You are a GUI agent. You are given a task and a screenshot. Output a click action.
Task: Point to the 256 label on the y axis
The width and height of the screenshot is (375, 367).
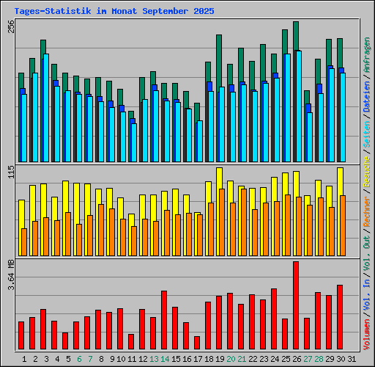coord(10,27)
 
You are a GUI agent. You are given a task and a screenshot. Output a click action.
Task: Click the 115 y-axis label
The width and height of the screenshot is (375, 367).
coord(10,172)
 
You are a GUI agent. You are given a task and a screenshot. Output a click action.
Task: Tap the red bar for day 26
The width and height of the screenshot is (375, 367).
coord(296,305)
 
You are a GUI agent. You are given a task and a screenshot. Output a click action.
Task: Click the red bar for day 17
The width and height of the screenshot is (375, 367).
coord(197,343)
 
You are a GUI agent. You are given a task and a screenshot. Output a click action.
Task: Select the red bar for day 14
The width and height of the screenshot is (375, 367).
coord(164,320)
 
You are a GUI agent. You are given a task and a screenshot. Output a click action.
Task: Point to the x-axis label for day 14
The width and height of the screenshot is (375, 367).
coord(165,359)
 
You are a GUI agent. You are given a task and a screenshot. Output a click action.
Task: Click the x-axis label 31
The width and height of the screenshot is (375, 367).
coord(352,359)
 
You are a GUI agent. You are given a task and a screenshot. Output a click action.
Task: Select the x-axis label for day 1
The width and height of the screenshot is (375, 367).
coord(24,359)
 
